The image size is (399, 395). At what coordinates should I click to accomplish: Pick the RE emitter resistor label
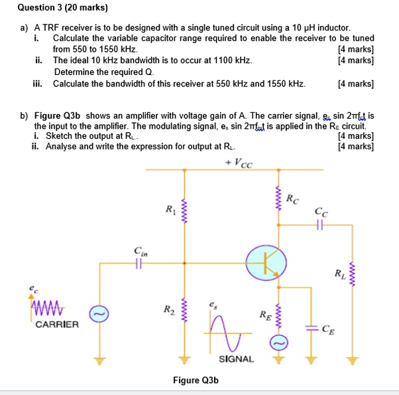(x=264, y=315)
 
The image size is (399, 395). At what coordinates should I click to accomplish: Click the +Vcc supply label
(x=239, y=163)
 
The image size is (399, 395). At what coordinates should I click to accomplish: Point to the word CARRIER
(x=57, y=325)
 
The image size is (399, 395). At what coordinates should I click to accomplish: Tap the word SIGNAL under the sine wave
(x=236, y=358)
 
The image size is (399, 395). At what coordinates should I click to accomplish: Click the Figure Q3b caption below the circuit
(x=196, y=380)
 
